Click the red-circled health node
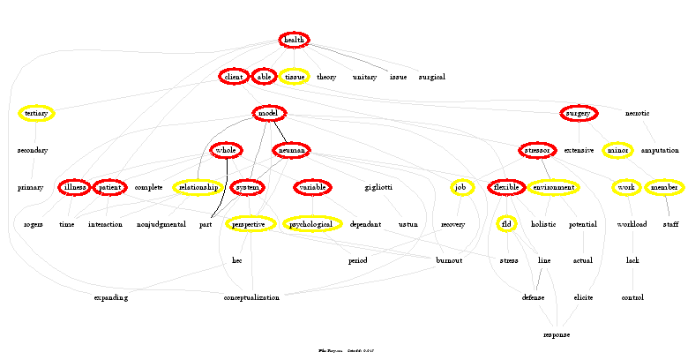(294, 40)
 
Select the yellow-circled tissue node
(294, 77)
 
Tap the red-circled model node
(268, 114)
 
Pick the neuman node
(291, 151)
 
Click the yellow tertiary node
(36, 114)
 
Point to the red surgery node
(579, 114)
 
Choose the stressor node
(536, 150)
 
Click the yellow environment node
(553, 188)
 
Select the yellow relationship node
(198, 188)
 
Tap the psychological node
(312, 225)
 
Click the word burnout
(449, 261)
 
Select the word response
(557, 335)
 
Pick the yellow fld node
(506, 224)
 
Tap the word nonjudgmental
(161, 225)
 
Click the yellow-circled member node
(664, 188)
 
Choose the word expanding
(111, 297)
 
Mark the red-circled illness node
(74, 188)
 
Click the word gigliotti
(378, 188)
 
